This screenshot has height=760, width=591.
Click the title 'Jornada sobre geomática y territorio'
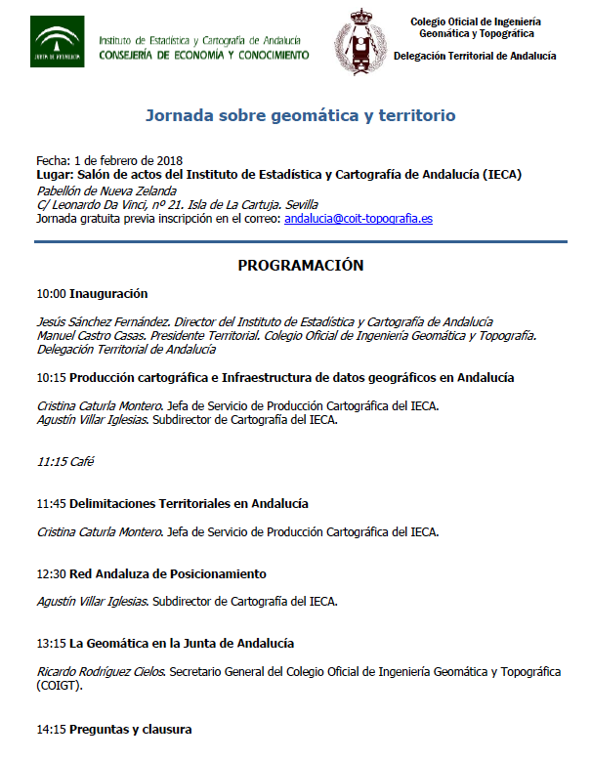click(x=301, y=115)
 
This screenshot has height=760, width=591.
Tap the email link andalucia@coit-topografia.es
click(x=359, y=219)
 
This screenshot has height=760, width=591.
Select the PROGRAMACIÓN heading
click(x=301, y=266)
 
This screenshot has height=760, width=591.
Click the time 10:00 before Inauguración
click(x=51, y=293)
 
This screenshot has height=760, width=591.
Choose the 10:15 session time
click(x=51, y=377)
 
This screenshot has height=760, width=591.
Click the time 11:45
click(x=51, y=503)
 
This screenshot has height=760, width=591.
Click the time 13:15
click(x=51, y=644)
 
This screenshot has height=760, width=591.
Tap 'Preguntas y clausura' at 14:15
click(x=131, y=729)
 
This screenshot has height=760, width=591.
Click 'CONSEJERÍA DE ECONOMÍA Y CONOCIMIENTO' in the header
click(x=204, y=55)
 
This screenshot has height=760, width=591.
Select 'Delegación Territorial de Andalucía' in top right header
click(x=475, y=57)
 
